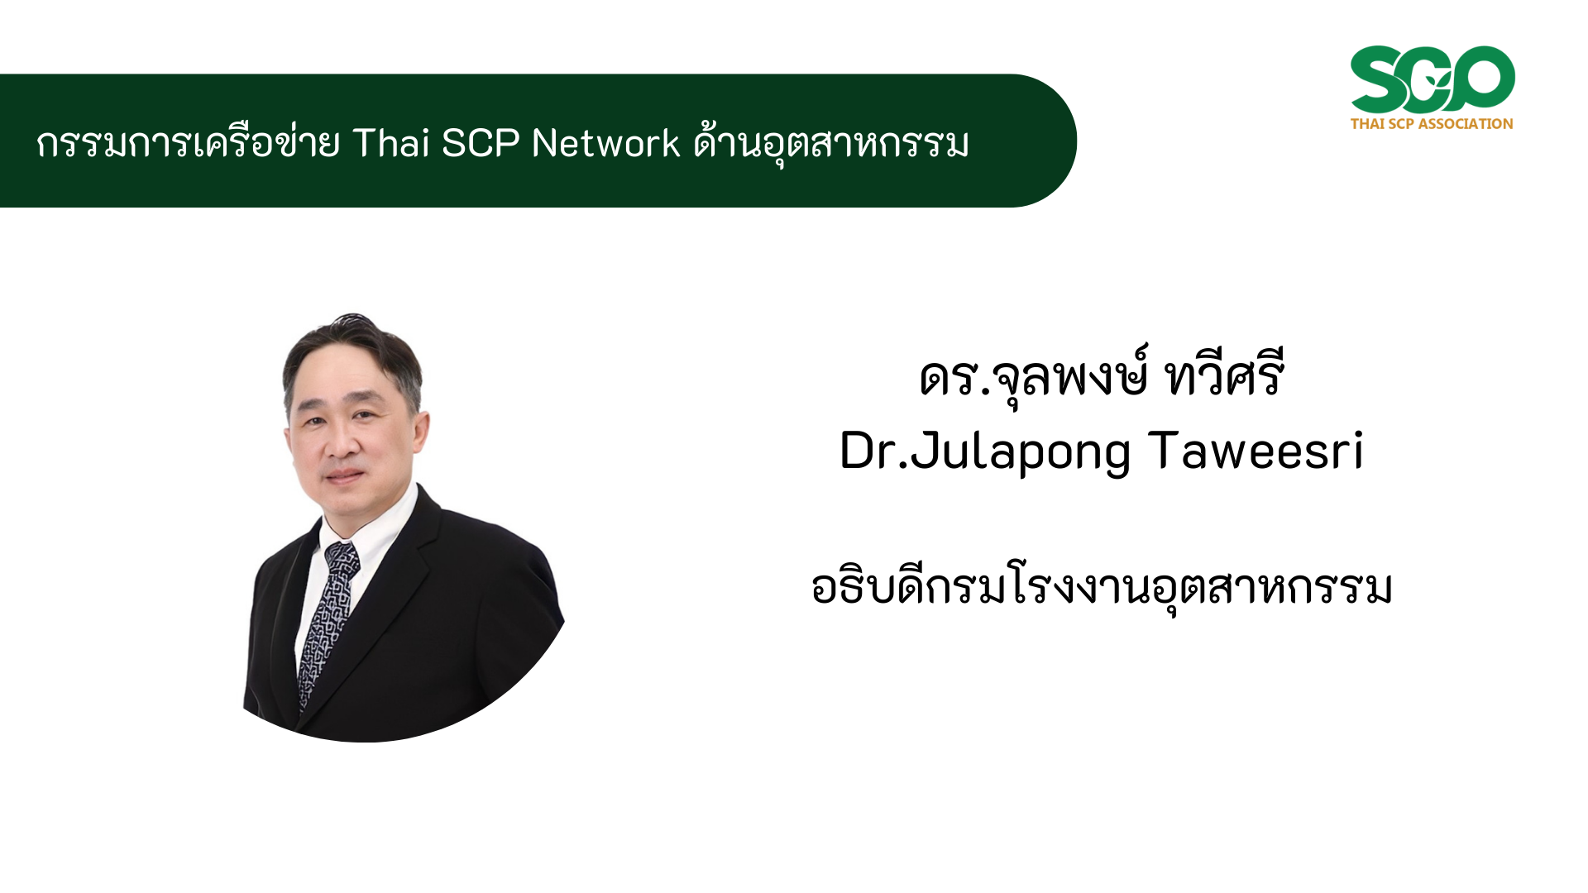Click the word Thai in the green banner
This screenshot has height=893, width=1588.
[391, 143]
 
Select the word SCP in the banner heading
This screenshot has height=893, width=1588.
[481, 143]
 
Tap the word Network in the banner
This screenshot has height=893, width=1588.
[605, 143]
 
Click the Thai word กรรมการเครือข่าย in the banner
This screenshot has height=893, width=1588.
[188, 143]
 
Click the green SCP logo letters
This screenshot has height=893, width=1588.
[1433, 79]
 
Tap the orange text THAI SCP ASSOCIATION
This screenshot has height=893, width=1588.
[1432, 124]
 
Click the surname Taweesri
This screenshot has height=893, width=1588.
[1256, 451]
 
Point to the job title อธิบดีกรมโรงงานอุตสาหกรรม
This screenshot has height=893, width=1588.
[1102, 587]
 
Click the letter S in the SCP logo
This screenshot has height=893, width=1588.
[1380, 79]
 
